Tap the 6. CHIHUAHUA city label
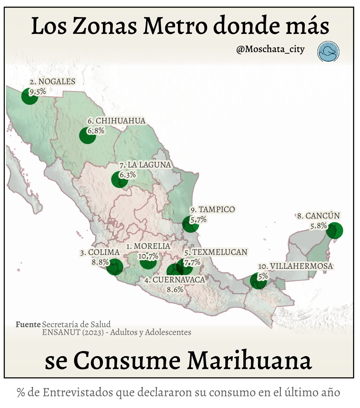coord(116,121)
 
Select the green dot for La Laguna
coord(119,179)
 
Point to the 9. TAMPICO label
coord(213,209)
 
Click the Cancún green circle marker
coord(334,230)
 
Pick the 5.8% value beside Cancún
coord(318,226)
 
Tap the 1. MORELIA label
coord(148,246)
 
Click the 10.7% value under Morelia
coord(148,256)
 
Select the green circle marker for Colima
coord(115,267)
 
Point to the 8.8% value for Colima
coord(100,262)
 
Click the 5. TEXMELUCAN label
coord(216,252)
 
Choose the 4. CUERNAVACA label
coord(175,280)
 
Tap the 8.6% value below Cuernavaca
coord(175,289)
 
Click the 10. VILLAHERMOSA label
coord(295,266)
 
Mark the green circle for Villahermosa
coord(258,281)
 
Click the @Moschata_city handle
coord(270,49)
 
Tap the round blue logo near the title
coord(328,52)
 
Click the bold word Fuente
coord(28,324)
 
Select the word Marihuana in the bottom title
coord(250,360)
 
